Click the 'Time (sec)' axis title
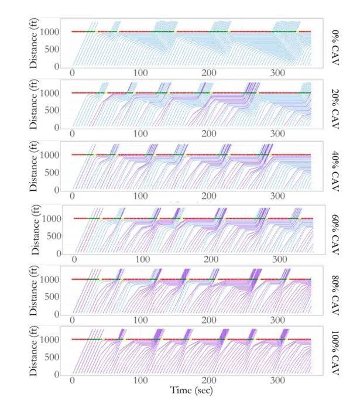(x=191, y=389)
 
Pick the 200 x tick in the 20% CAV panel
(x=208, y=134)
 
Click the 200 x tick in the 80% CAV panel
(x=208, y=321)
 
